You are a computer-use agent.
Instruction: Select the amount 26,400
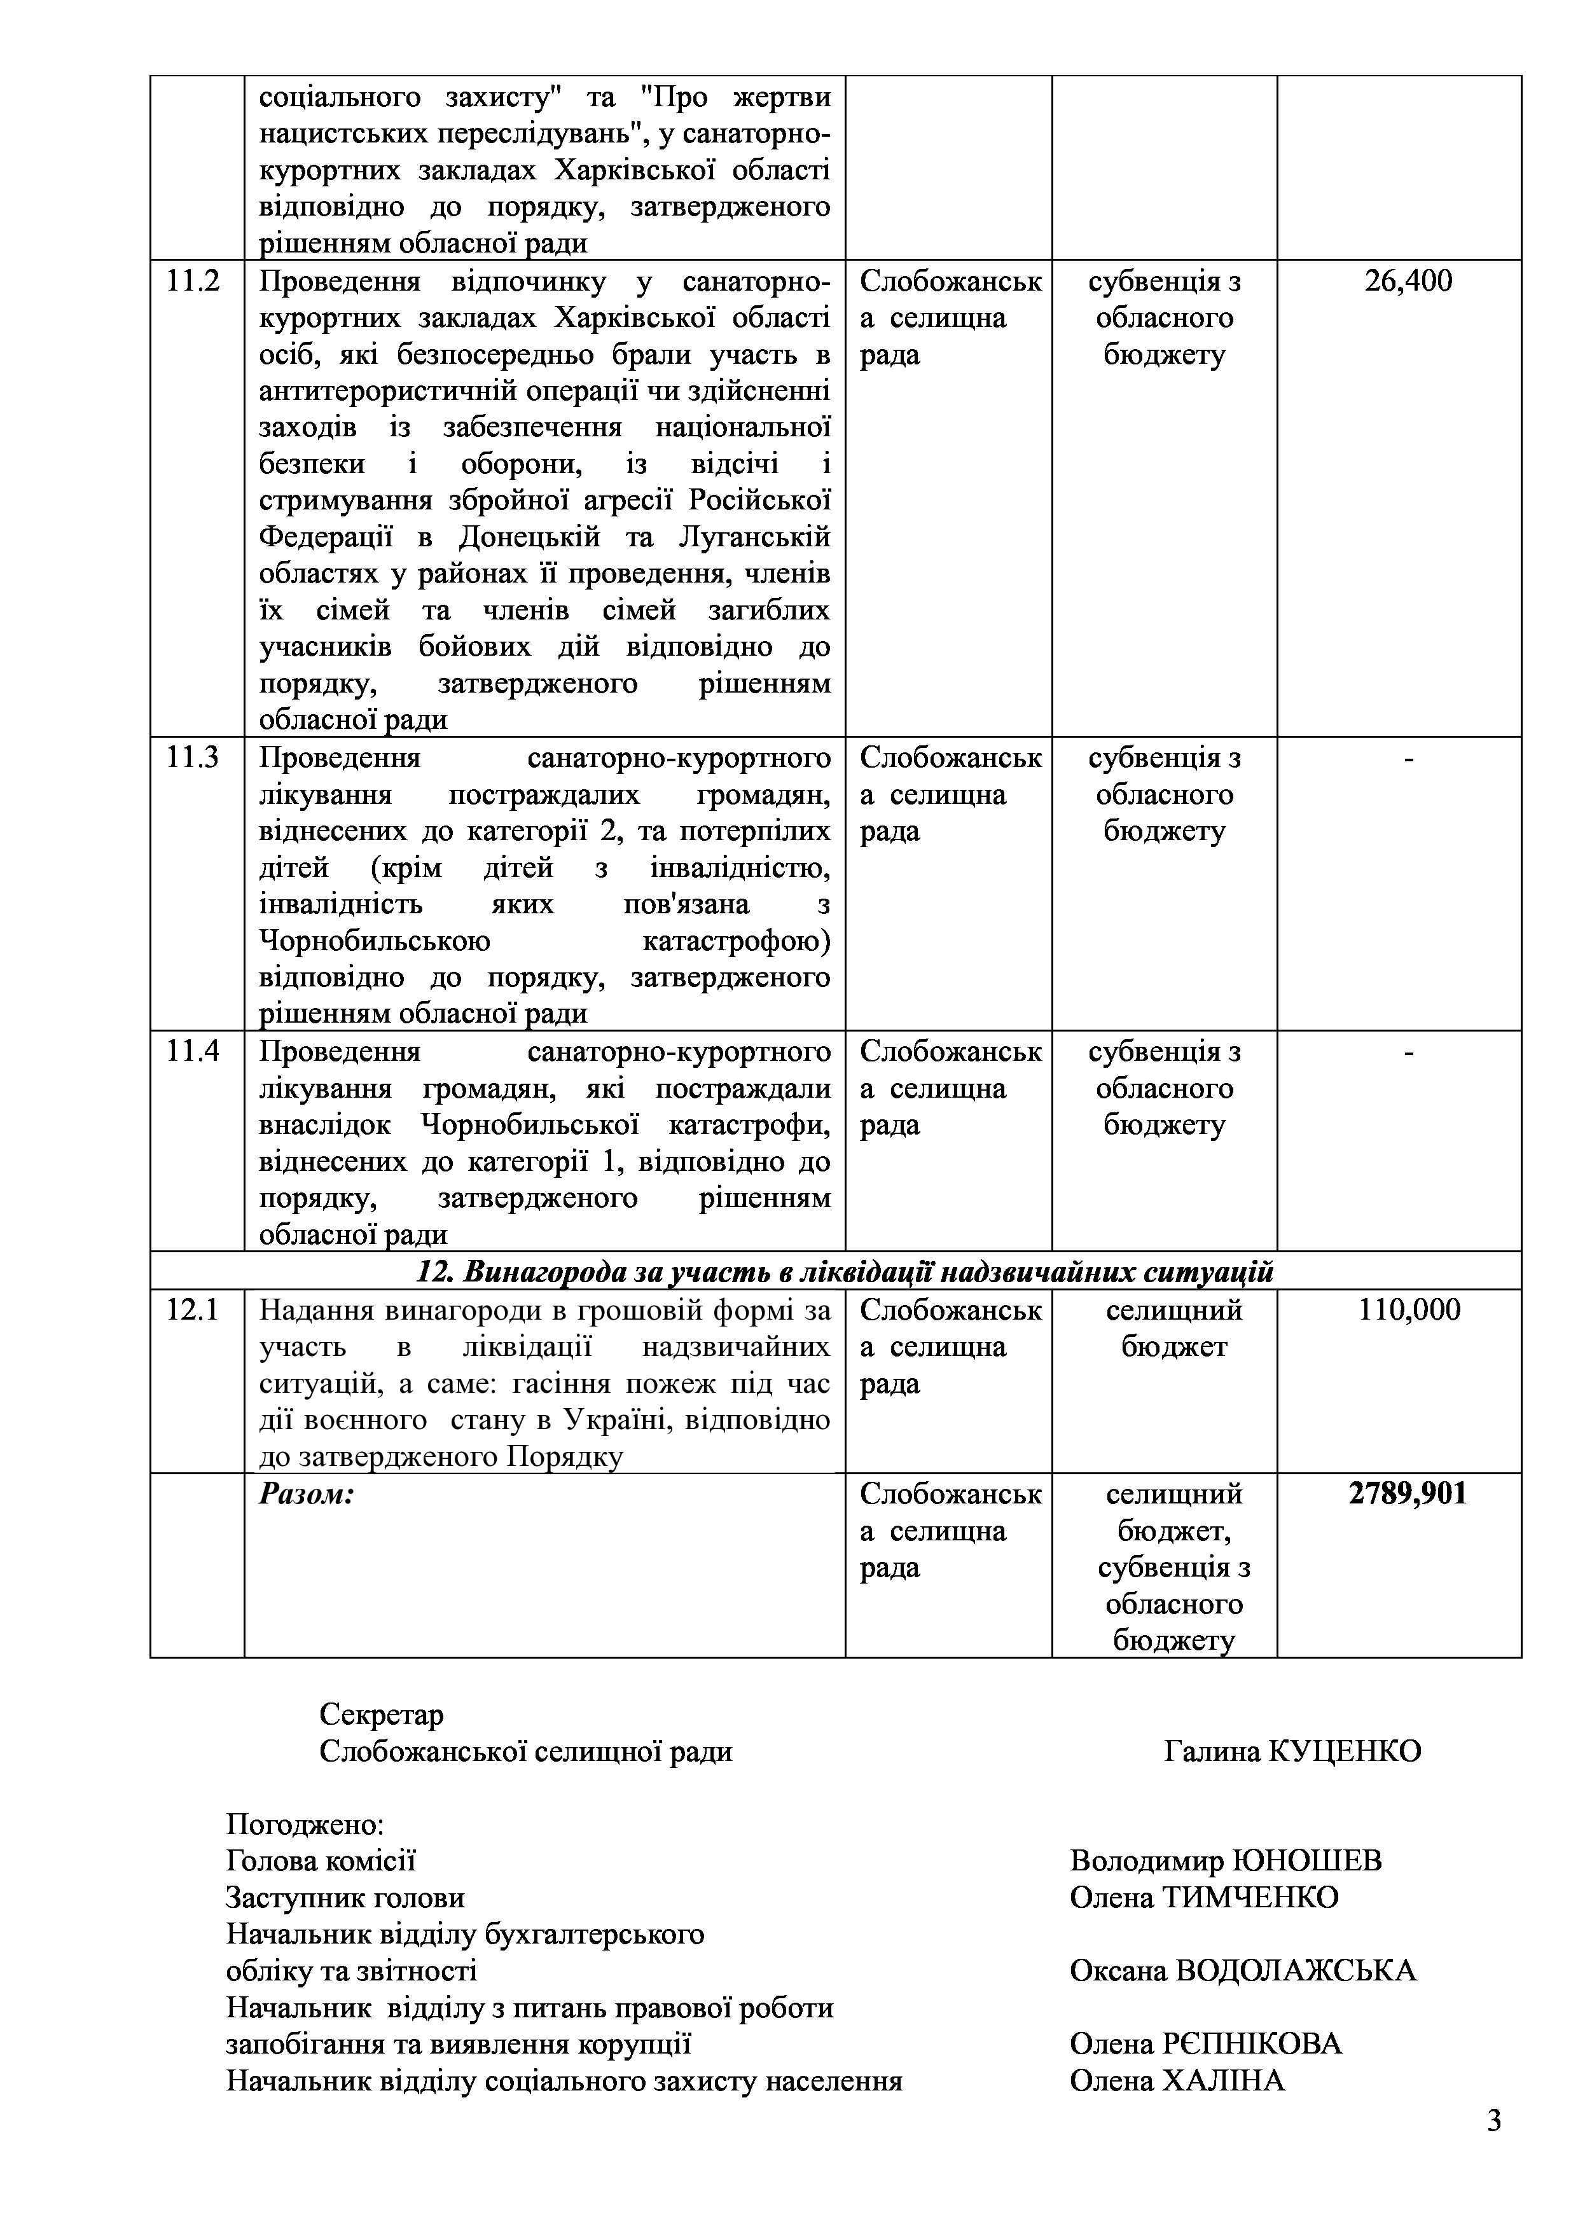[x=1408, y=282]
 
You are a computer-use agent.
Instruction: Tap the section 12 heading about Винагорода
[x=845, y=1272]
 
